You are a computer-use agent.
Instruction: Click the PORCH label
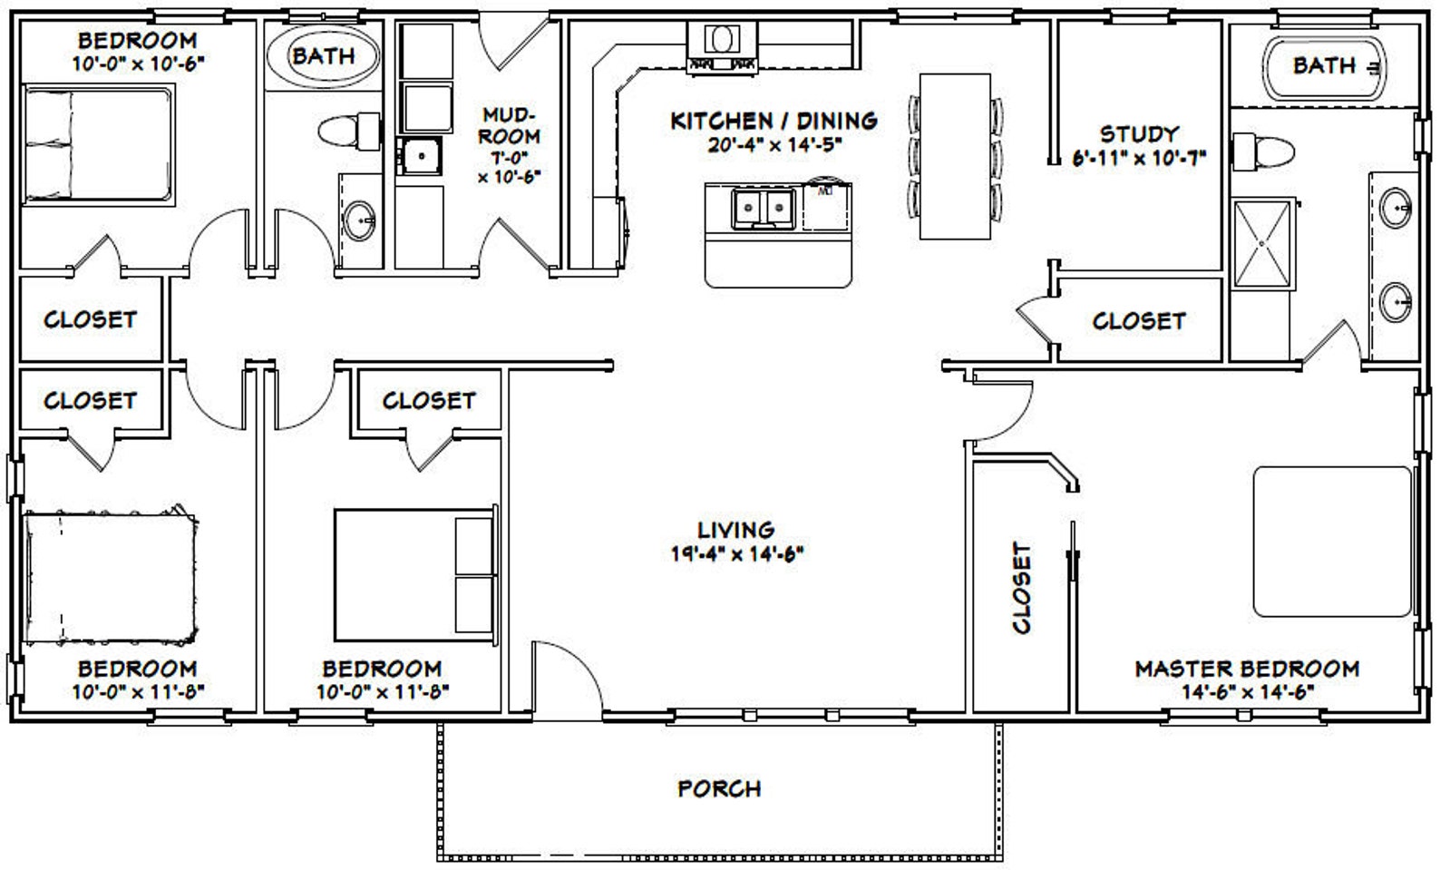tap(719, 788)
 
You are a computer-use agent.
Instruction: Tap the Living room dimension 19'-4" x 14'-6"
tap(737, 552)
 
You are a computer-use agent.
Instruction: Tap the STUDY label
tap(1139, 134)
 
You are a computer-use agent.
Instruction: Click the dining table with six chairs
tap(955, 155)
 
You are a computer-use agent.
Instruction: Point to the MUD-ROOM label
tap(510, 126)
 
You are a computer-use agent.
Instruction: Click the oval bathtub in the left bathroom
tap(323, 55)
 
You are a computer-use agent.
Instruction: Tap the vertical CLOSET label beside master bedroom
tap(1022, 587)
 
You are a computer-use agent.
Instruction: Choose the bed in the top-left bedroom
tap(97, 144)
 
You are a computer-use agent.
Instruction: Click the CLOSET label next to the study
tap(1138, 321)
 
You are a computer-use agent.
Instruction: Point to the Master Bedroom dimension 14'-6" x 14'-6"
tap(1247, 690)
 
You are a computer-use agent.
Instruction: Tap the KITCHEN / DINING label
tap(774, 121)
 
